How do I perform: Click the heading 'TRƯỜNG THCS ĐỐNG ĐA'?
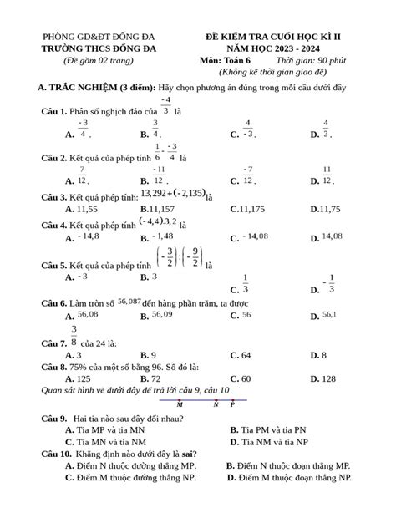[99, 49]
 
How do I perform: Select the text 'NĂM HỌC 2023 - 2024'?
[286, 49]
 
